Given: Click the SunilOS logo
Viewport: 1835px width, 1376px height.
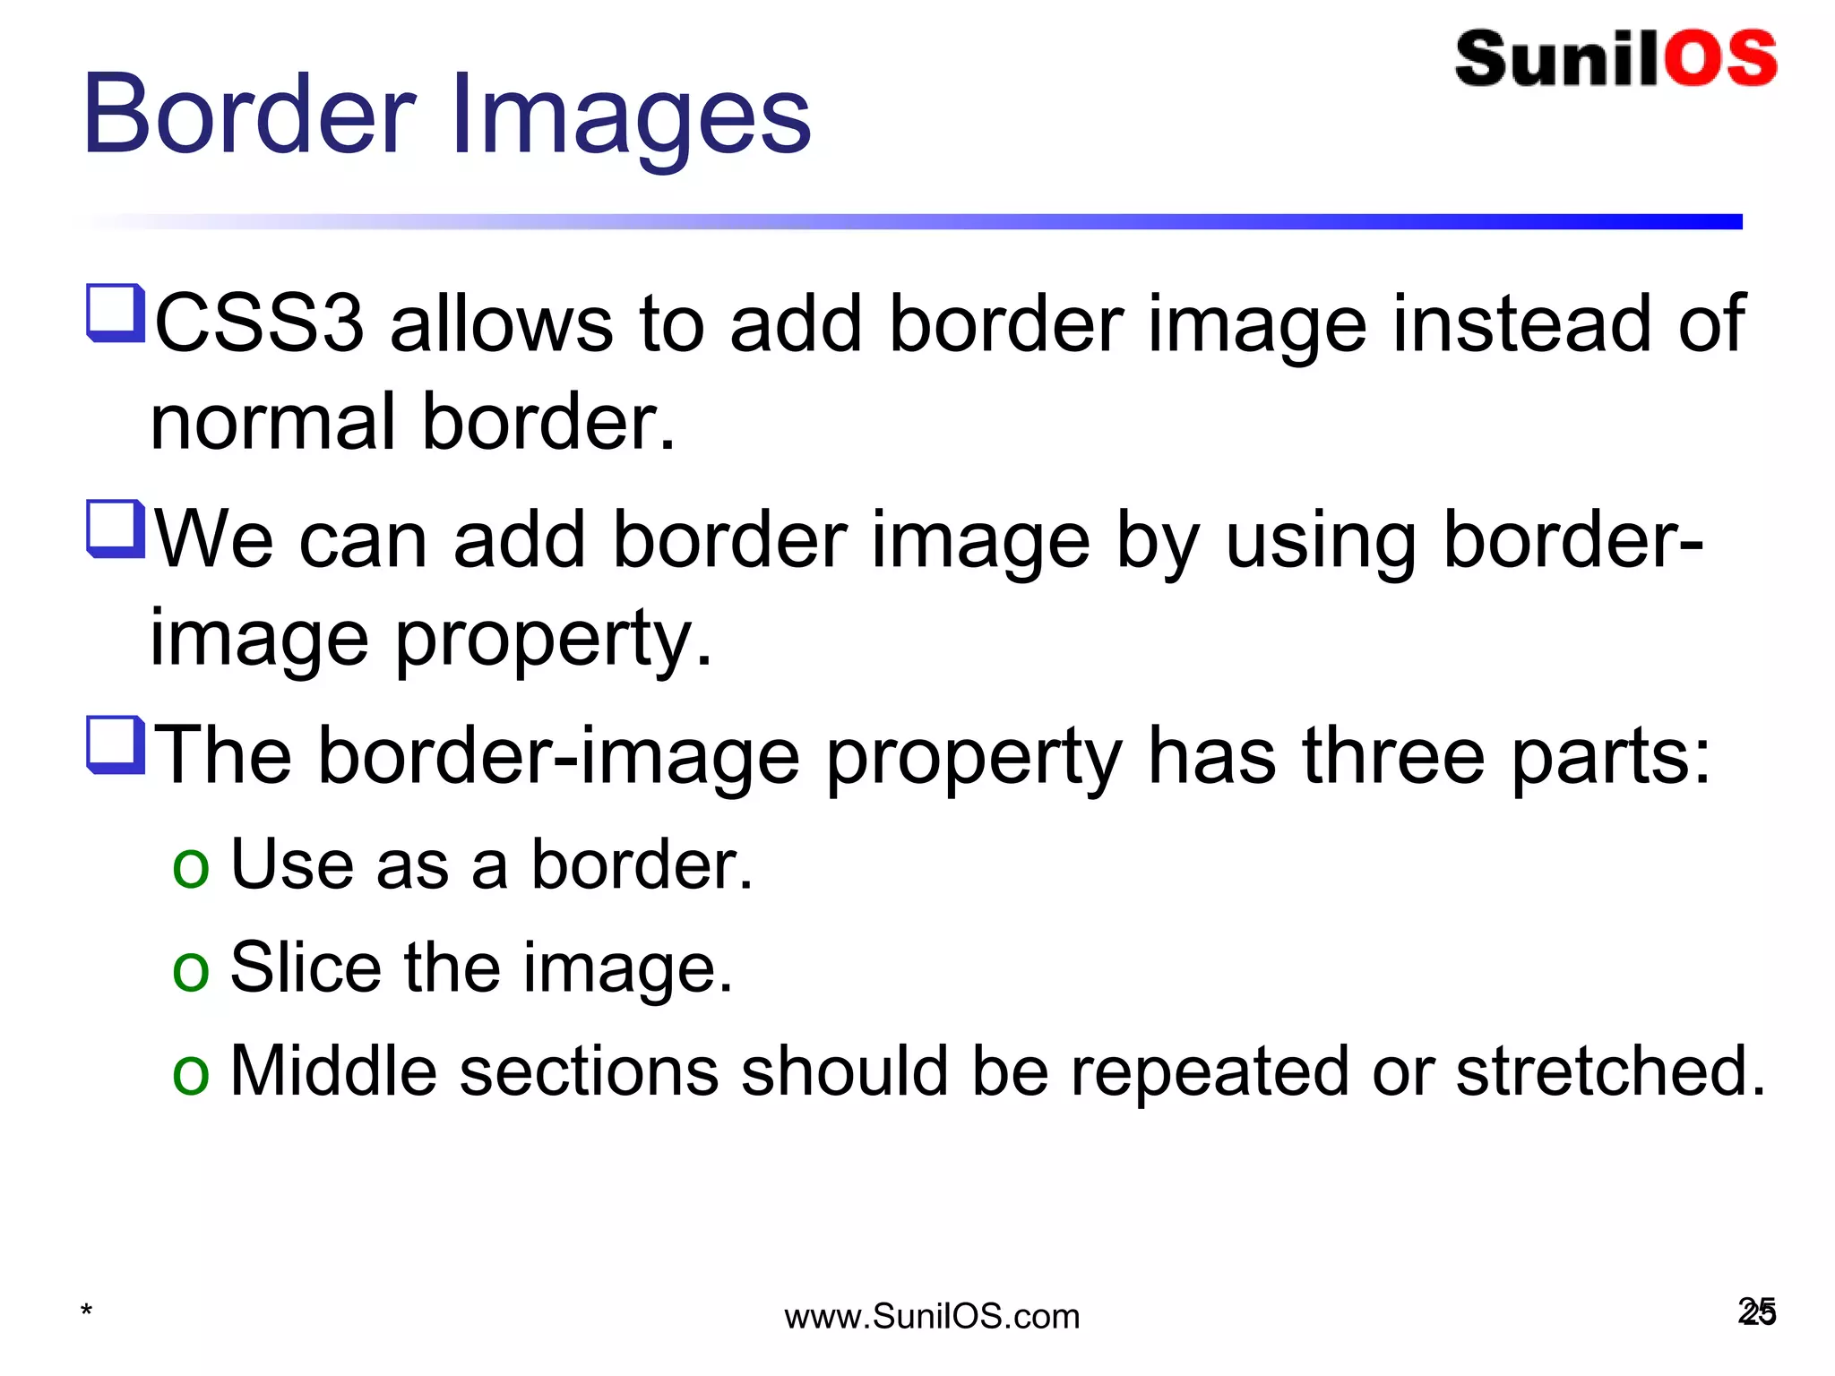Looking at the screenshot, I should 1615,59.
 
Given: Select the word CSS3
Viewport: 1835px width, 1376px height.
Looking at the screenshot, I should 259,323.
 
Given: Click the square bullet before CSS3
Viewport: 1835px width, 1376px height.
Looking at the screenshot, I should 116,313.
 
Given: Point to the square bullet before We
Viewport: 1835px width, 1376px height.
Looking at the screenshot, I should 116,529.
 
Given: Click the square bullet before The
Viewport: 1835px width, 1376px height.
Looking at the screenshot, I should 116,744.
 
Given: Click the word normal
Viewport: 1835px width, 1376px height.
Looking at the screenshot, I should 273,422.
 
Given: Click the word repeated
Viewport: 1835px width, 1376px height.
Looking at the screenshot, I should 1210,1073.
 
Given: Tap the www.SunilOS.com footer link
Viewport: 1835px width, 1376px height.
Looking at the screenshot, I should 932,1317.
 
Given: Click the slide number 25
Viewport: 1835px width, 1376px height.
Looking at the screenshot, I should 1756,1312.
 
